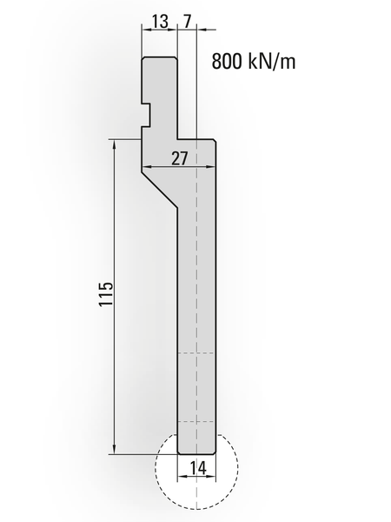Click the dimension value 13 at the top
[x=160, y=22]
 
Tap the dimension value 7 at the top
[x=188, y=22]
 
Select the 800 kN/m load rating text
[x=254, y=61]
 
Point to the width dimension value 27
[x=180, y=158]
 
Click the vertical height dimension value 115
[x=106, y=294]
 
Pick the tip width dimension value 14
[x=198, y=468]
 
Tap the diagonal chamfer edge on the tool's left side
[x=160, y=190]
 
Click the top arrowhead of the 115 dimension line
[x=115, y=144]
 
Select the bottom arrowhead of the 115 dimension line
[x=115, y=449]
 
